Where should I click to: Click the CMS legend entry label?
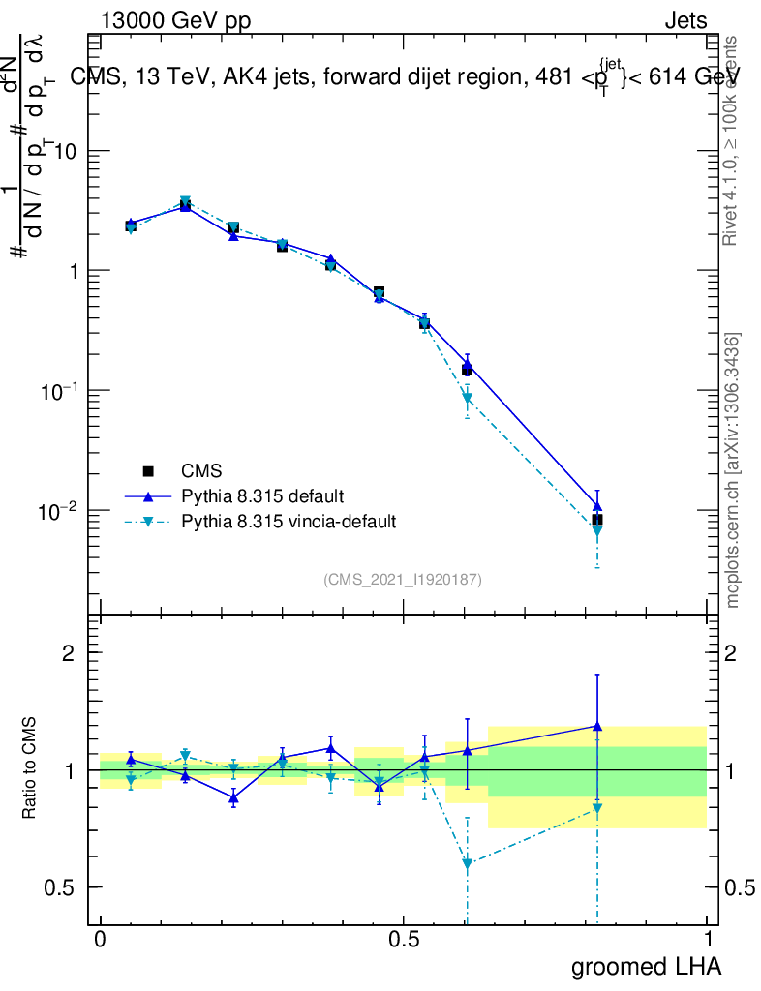201,471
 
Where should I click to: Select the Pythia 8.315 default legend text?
262,496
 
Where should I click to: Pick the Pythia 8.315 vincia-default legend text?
289,522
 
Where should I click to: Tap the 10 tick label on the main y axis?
67,152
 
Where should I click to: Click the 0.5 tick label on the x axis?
404,940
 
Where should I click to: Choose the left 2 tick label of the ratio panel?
69,652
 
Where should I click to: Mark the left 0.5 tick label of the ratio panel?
61,887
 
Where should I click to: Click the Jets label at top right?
685,21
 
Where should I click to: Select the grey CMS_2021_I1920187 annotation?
403,579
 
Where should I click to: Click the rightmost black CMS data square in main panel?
597,520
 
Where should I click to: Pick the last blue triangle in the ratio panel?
597,725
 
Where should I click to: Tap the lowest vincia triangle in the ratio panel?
468,863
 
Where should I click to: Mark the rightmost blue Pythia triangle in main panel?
597,505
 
